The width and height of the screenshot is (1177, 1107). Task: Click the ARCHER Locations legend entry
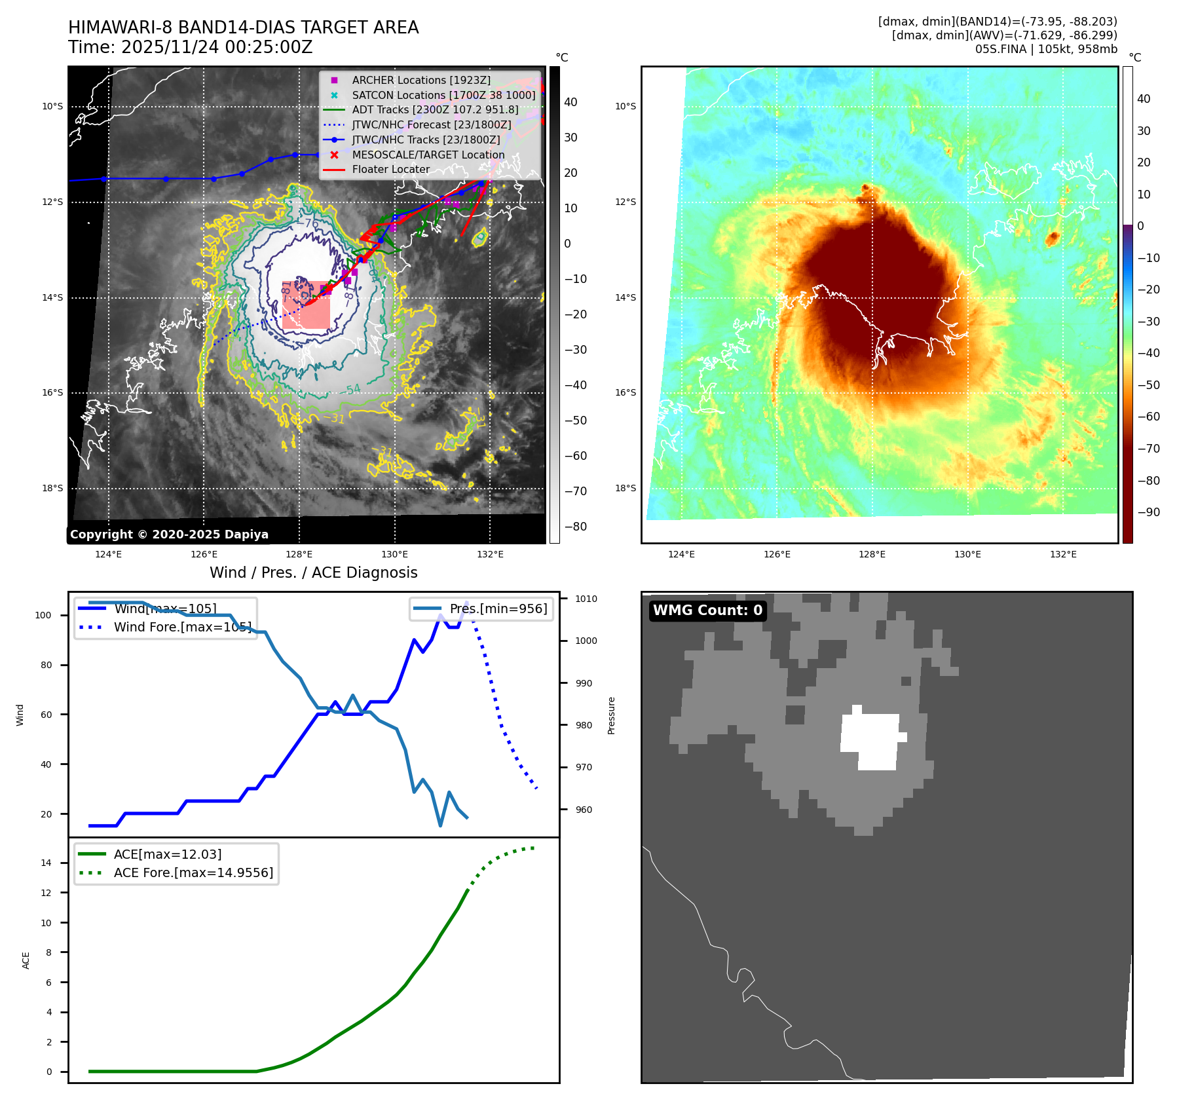420,80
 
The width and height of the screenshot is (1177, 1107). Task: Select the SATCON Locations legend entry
443,95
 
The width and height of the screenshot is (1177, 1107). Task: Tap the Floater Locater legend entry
390,169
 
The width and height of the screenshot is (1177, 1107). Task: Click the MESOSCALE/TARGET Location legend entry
428,155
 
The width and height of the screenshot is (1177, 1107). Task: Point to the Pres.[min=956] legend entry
498,609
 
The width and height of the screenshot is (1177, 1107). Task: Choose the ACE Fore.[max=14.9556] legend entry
193,872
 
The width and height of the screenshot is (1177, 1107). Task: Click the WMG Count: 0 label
707,610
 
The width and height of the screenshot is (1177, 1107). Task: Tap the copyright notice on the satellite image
169,535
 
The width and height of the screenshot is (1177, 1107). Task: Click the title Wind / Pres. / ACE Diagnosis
313,572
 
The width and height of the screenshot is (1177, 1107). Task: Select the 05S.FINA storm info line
1045,49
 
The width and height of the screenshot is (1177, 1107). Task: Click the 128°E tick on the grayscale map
299,554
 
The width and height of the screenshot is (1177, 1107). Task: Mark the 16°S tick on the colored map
625,393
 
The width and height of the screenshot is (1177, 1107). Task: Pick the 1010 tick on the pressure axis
586,599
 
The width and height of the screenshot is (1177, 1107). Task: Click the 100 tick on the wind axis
43,615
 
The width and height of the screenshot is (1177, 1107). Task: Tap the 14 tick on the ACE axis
47,863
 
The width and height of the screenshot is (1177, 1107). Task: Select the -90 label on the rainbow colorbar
1148,512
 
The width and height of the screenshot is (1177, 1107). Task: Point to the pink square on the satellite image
306,305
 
